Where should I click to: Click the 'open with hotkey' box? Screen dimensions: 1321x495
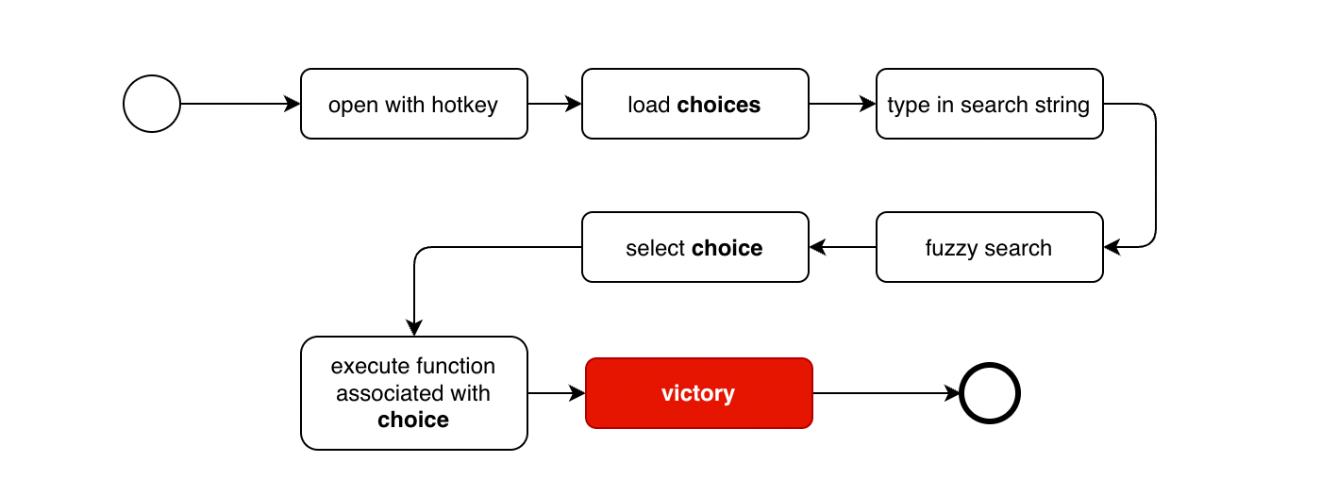pyautogui.click(x=414, y=104)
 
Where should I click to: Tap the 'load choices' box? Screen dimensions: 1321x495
pyautogui.click(x=695, y=104)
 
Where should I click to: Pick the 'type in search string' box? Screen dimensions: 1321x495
pyautogui.click(x=990, y=104)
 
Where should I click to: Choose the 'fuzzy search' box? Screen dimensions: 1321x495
pyautogui.click(x=990, y=247)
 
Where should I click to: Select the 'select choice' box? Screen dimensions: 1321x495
pyautogui.click(x=695, y=247)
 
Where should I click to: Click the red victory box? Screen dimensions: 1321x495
pyautogui.click(x=699, y=393)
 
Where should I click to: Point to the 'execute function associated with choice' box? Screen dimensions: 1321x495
pyautogui.click(x=414, y=393)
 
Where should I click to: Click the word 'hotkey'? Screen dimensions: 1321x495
pyautogui.click(x=464, y=105)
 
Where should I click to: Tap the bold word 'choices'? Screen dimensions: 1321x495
pyautogui.click(x=718, y=105)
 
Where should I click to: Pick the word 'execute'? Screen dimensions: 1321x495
pyautogui.click(x=360, y=366)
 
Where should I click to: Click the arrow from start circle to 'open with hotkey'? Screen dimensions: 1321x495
pyautogui.click(x=240, y=104)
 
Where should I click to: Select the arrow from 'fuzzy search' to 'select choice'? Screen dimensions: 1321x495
pyautogui.click(x=842, y=247)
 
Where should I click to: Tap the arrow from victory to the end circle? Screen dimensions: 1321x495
pyautogui.click(x=886, y=393)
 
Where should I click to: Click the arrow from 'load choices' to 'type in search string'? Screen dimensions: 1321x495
pyautogui.click(x=842, y=104)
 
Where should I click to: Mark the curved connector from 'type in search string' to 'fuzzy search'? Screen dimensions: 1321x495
pyautogui.click(x=1156, y=175)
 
